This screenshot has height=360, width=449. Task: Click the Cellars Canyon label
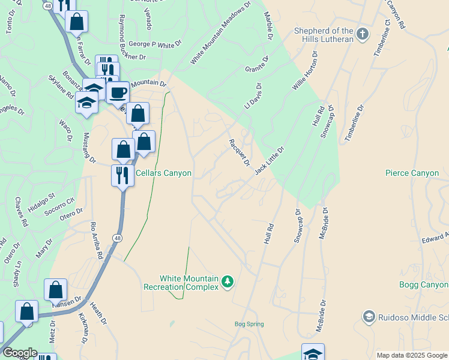pos(163,173)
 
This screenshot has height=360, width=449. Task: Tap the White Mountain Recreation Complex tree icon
pos(227,281)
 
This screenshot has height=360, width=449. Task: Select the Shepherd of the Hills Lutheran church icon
pos(362,35)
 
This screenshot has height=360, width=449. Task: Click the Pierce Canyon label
pos(412,173)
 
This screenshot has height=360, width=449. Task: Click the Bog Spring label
pos(249,325)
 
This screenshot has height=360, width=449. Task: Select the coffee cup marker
pos(118,93)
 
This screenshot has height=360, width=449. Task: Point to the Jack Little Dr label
pos(268,160)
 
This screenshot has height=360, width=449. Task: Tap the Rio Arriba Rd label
pos(96,240)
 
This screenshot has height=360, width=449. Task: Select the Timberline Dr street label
pos(354,124)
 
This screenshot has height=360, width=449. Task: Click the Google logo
pos(20,353)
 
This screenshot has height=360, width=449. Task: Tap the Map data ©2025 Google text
pos(412,355)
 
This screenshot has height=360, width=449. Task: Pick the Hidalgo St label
pos(43,200)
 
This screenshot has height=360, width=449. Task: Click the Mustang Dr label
pos(89,148)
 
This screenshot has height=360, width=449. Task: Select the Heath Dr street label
pos(98,313)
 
